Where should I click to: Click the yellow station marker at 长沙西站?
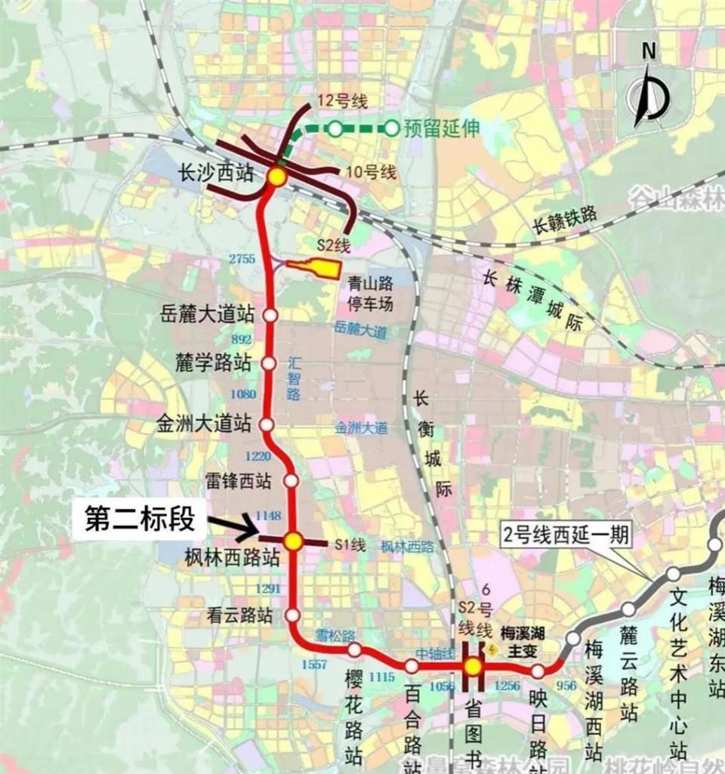(x=276, y=177)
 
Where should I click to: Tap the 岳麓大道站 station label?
(x=208, y=313)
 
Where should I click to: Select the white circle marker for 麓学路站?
(x=269, y=363)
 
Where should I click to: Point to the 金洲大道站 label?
(x=202, y=423)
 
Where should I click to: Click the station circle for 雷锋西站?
(x=292, y=480)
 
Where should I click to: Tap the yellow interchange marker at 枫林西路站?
(x=293, y=540)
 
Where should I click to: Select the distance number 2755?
(x=243, y=259)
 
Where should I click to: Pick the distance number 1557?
(x=313, y=665)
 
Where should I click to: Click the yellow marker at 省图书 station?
(x=473, y=666)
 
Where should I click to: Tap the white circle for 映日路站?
(x=538, y=671)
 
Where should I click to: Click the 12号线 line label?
(x=342, y=100)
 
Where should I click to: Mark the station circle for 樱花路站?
(x=353, y=649)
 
